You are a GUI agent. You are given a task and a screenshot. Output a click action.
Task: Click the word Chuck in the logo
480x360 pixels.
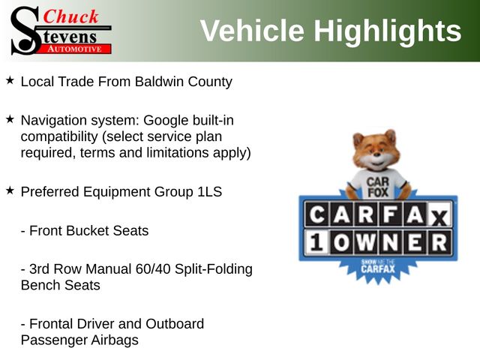tap(70, 16)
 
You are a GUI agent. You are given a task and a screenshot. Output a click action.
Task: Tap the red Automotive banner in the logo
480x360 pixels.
tap(75, 49)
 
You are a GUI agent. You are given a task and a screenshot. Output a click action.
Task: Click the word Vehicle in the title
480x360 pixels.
tap(252, 31)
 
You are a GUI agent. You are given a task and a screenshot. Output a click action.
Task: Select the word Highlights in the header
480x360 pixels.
tap(388, 31)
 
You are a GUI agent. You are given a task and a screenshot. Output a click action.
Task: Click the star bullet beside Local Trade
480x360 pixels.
tap(10, 80)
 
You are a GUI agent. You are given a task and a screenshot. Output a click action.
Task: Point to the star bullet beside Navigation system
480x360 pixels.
tap(10, 119)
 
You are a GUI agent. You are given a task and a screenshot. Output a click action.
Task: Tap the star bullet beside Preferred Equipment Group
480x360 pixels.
tap(10, 190)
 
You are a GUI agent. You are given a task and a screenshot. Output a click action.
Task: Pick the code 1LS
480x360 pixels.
tap(210, 192)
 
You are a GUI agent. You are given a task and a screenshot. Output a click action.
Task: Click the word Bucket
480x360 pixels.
tap(87, 230)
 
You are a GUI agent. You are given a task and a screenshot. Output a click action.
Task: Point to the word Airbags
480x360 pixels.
tap(115, 340)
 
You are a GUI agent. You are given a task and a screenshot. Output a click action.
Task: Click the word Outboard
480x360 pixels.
tap(175, 324)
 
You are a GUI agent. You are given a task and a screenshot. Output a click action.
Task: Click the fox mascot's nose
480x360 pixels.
tap(376, 156)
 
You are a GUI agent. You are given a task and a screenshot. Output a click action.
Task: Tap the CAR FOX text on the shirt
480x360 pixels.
tap(378, 187)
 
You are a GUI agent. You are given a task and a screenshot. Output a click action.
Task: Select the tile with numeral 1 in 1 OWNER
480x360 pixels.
tap(317, 243)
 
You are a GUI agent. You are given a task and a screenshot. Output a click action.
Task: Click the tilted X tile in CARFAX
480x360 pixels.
tap(439, 217)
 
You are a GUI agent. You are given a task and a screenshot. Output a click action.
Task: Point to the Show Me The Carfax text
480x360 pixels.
tap(378, 266)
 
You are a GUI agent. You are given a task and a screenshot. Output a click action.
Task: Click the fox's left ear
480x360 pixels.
tap(358, 139)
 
